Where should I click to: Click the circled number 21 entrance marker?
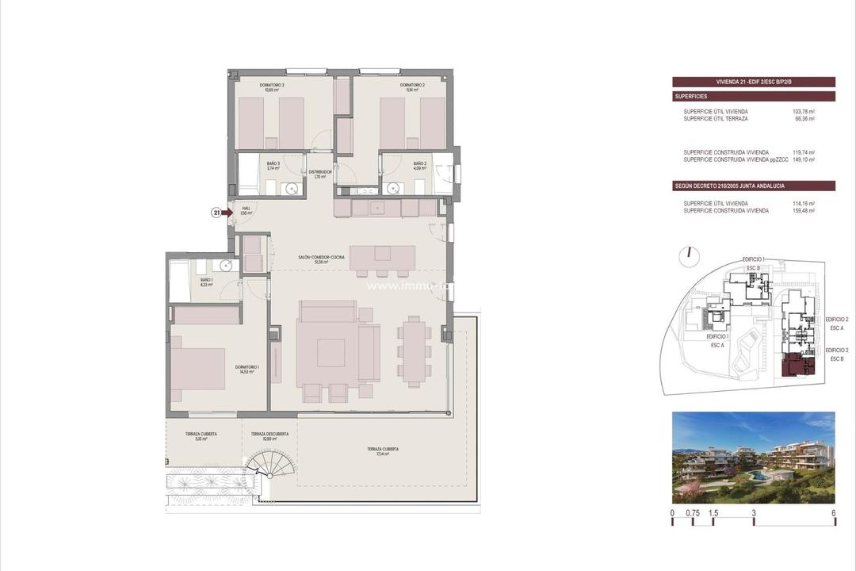pos(216,212)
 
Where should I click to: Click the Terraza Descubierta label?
pos(269,435)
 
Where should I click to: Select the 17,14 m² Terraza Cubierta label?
pos(382,450)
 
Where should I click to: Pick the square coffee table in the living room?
pos(331,352)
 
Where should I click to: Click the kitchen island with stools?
pos(382,257)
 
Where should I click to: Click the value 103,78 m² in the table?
pos(804,112)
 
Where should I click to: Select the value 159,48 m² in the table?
pos(804,211)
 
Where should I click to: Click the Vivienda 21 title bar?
pos(753,82)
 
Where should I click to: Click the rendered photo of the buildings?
pos(753,458)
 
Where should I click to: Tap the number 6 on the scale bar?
pos(834,513)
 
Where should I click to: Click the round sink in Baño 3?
pos(292,189)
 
